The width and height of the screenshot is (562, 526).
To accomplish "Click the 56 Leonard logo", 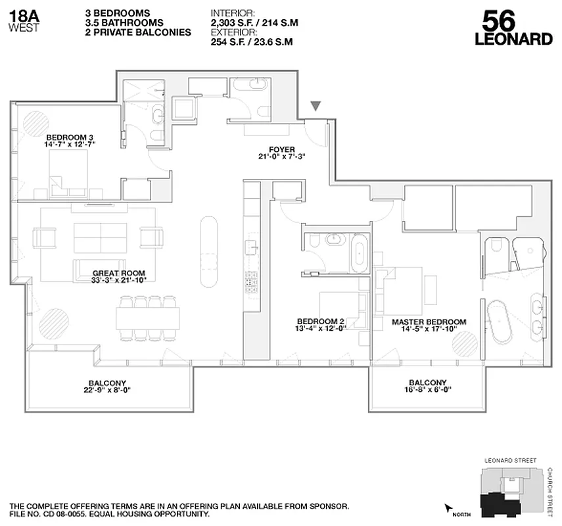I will point(513,28).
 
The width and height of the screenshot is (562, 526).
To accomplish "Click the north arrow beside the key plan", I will point(450,508).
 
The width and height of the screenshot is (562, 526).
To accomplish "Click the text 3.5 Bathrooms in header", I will point(124,22).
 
